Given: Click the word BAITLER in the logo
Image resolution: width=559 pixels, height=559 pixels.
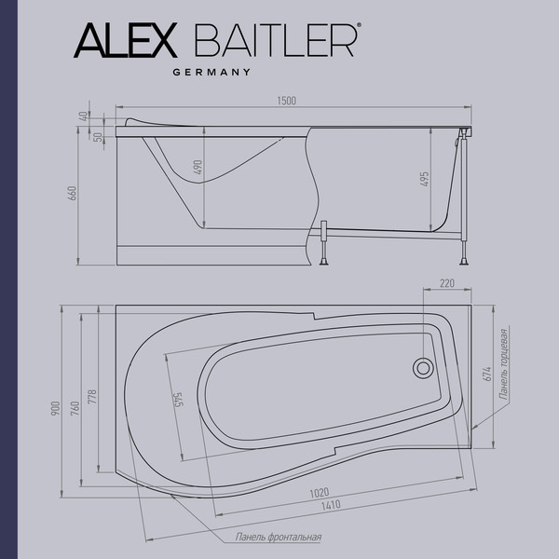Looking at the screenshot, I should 275,41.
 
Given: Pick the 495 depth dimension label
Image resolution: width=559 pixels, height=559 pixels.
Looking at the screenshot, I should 424,180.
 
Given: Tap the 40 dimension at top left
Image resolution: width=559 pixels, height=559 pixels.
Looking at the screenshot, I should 84,116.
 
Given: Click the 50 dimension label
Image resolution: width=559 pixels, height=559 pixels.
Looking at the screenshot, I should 97,136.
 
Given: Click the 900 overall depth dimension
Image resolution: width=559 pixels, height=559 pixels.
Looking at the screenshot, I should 56,407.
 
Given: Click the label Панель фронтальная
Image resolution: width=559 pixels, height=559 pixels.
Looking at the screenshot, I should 279,538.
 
